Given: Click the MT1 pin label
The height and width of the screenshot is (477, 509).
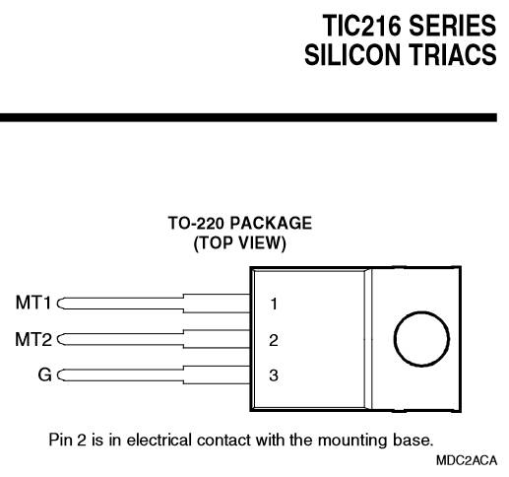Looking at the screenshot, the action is tap(33, 303).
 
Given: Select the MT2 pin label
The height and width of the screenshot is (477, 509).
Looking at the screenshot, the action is tap(33, 339).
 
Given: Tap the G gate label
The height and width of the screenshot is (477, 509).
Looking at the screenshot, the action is tap(45, 375).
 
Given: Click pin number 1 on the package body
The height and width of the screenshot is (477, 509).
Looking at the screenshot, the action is tap(274, 304).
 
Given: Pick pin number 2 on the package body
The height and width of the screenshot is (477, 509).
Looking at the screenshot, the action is tap(274, 340).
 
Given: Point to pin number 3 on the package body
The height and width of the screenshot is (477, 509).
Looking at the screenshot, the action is tap(274, 375).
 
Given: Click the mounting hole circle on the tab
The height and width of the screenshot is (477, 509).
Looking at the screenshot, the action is tap(421, 311).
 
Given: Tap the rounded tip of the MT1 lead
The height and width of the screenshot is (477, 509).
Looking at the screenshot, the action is tap(58, 304).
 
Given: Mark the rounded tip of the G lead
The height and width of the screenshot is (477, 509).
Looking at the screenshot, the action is tap(58, 375).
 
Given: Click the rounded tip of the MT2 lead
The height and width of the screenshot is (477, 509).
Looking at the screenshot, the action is tap(58, 339).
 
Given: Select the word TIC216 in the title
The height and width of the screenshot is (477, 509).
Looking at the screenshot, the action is tap(362, 26).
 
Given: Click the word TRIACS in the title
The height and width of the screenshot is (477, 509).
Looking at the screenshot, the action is tap(453, 54).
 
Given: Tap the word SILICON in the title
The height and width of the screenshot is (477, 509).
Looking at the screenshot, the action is tap(352, 54).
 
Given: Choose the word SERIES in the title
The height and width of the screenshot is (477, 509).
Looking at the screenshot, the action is tap(453, 26).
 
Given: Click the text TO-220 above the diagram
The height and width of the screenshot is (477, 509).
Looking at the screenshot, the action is tap(196, 223).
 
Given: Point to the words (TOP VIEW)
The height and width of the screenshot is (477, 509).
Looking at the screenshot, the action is tap(240, 243).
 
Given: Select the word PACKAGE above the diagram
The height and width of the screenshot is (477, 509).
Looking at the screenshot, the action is tap(271, 223).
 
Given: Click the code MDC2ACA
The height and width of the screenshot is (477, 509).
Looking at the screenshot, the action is tap(467, 460).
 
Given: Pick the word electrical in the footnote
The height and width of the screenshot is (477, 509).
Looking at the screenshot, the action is tap(159, 440).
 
